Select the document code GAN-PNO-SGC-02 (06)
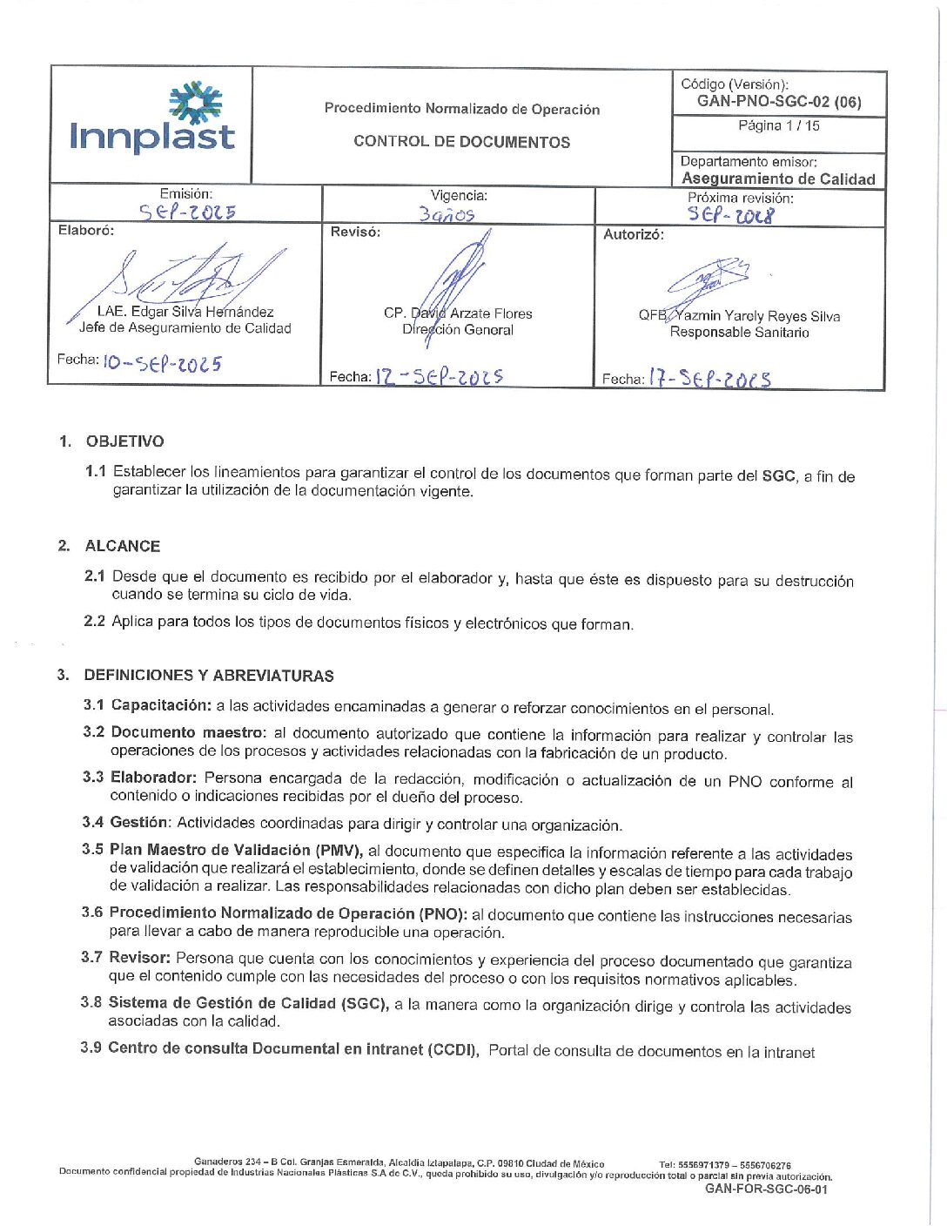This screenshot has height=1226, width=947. (x=779, y=102)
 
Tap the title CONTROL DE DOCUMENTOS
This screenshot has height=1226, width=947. (x=461, y=142)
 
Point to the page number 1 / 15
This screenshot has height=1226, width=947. (x=779, y=126)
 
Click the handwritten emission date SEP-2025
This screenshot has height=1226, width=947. (x=187, y=212)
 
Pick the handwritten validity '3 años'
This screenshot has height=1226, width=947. (x=447, y=214)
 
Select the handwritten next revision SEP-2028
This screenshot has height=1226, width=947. (x=729, y=215)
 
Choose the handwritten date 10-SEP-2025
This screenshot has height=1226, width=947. (x=162, y=363)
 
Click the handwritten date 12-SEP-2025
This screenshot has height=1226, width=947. (x=440, y=377)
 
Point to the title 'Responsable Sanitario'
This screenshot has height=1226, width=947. (x=739, y=333)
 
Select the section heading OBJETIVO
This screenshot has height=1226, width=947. (x=124, y=441)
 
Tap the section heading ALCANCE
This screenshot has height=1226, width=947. (x=123, y=547)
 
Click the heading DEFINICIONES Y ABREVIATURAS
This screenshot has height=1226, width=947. (x=209, y=676)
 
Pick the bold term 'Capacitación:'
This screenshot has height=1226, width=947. (x=161, y=705)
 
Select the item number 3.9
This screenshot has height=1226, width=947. (x=91, y=1048)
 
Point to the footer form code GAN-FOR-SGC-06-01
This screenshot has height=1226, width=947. (x=766, y=1189)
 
